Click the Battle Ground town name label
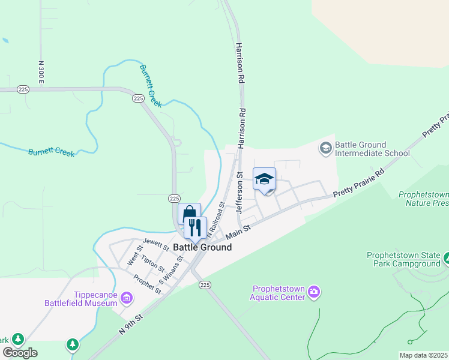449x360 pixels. (x=202, y=247)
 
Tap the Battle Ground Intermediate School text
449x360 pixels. (x=372, y=149)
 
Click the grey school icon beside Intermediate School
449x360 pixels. (x=326, y=148)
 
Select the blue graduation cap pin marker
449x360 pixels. (x=264, y=179)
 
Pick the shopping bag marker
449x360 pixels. (x=189, y=214)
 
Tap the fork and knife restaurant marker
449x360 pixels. (x=195, y=227)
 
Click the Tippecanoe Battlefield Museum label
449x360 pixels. (x=80, y=299)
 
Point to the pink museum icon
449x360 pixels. (x=127, y=298)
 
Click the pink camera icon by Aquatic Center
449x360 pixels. (x=314, y=292)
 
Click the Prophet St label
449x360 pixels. (x=148, y=283)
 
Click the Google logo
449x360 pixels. (x=20, y=352)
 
